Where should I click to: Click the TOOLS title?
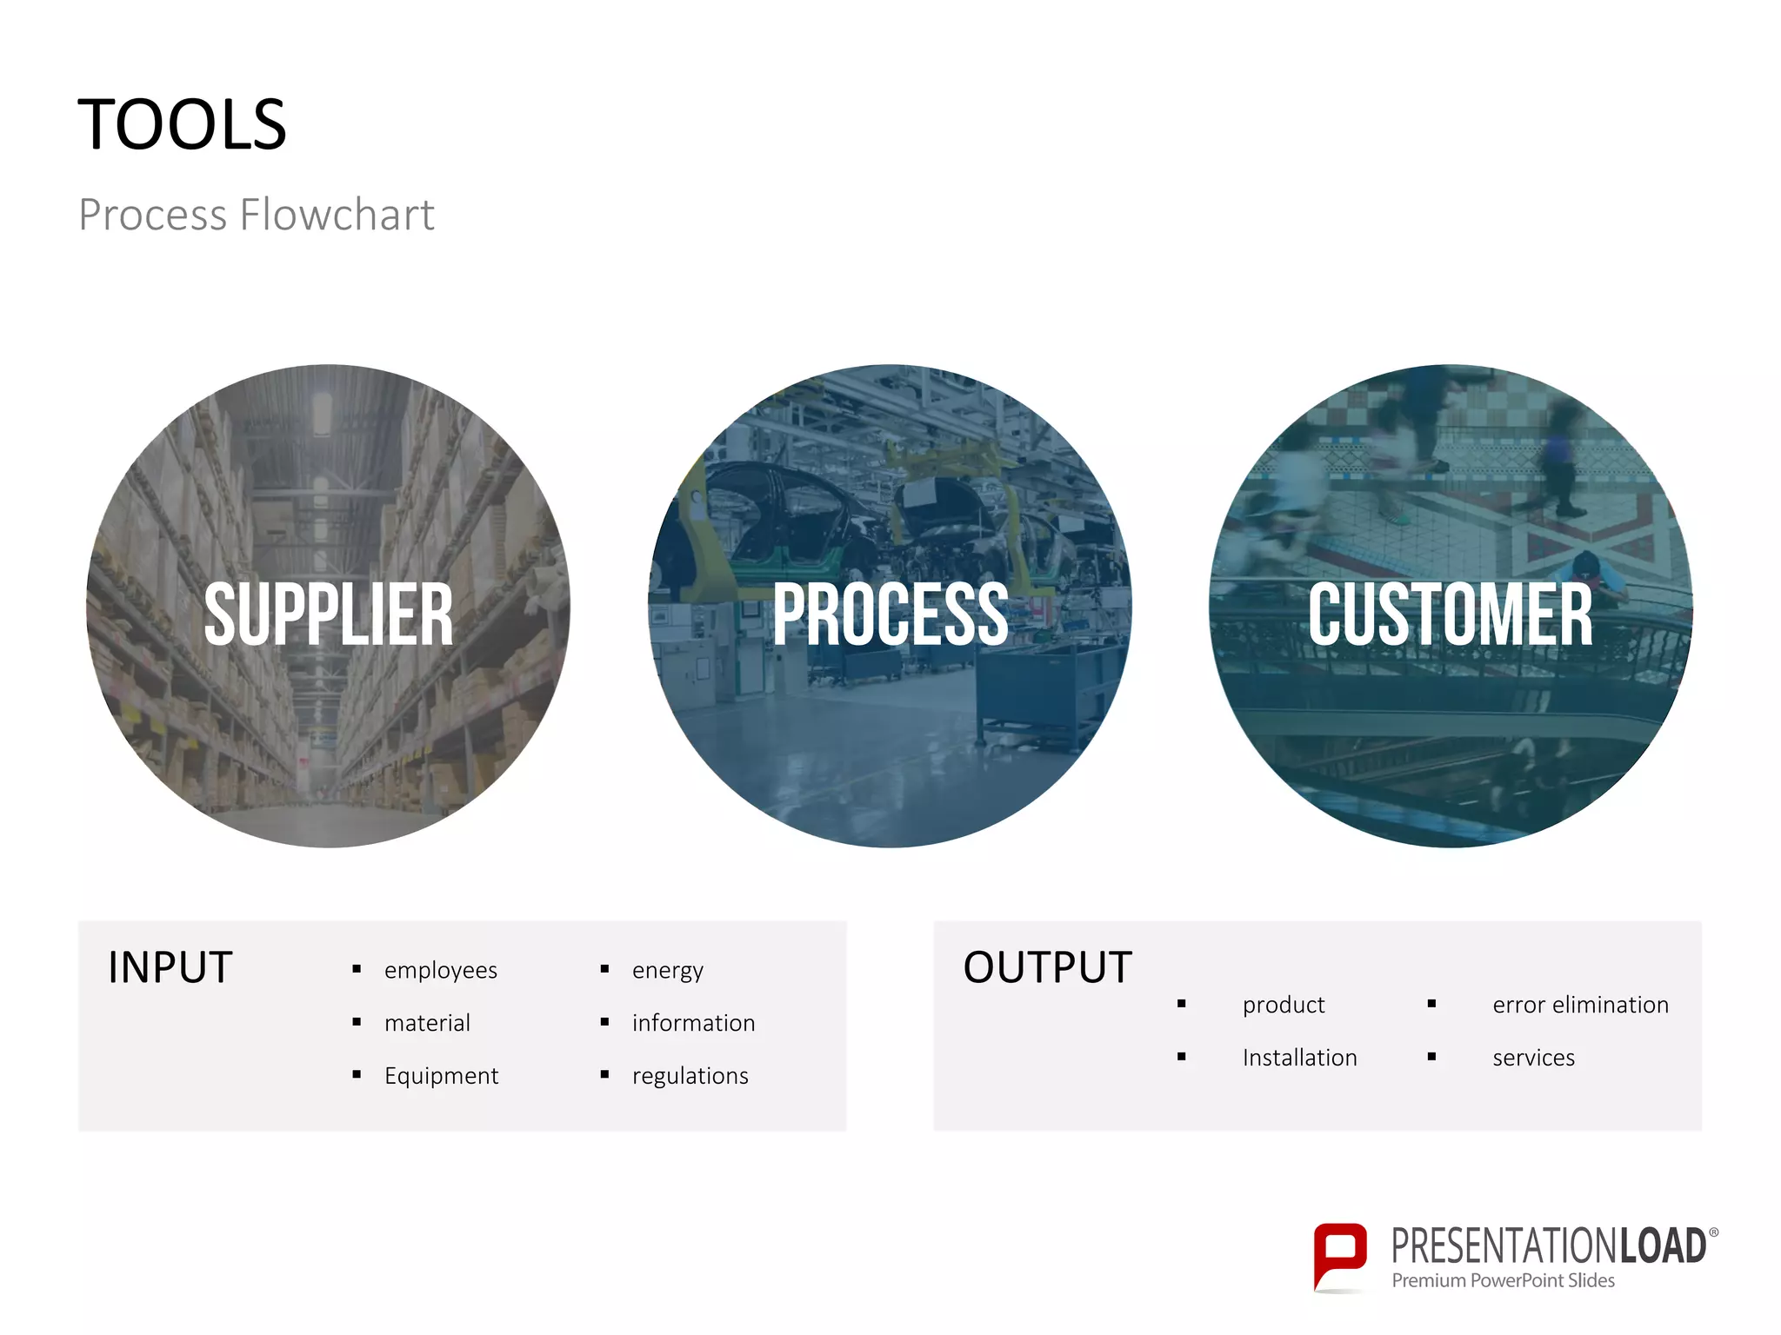(x=182, y=125)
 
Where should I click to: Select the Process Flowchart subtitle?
(x=257, y=215)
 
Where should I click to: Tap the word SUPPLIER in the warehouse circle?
(x=329, y=614)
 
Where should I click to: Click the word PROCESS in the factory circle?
(x=890, y=614)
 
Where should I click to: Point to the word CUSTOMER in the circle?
(x=1451, y=614)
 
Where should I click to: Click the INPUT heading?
(x=170, y=967)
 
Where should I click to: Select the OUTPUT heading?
(x=1047, y=967)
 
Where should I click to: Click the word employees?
(x=441, y=970)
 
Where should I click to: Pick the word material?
(x=427, y=1023)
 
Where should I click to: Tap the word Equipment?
(x=441, y=1076)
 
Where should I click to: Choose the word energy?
(x=668, y=970)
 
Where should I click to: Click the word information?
(x=693, y=1023)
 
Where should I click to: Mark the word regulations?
(x=690, y=1076)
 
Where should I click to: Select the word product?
(x=1284, y=1005)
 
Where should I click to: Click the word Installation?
(x=1299, y=1058)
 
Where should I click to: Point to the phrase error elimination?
(x=1580, y=1005)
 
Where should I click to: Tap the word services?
(x=1533, y=1058)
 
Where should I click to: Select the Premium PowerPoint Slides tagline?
(x=1503, y=1280)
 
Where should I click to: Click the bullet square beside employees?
(x=357, y=969)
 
